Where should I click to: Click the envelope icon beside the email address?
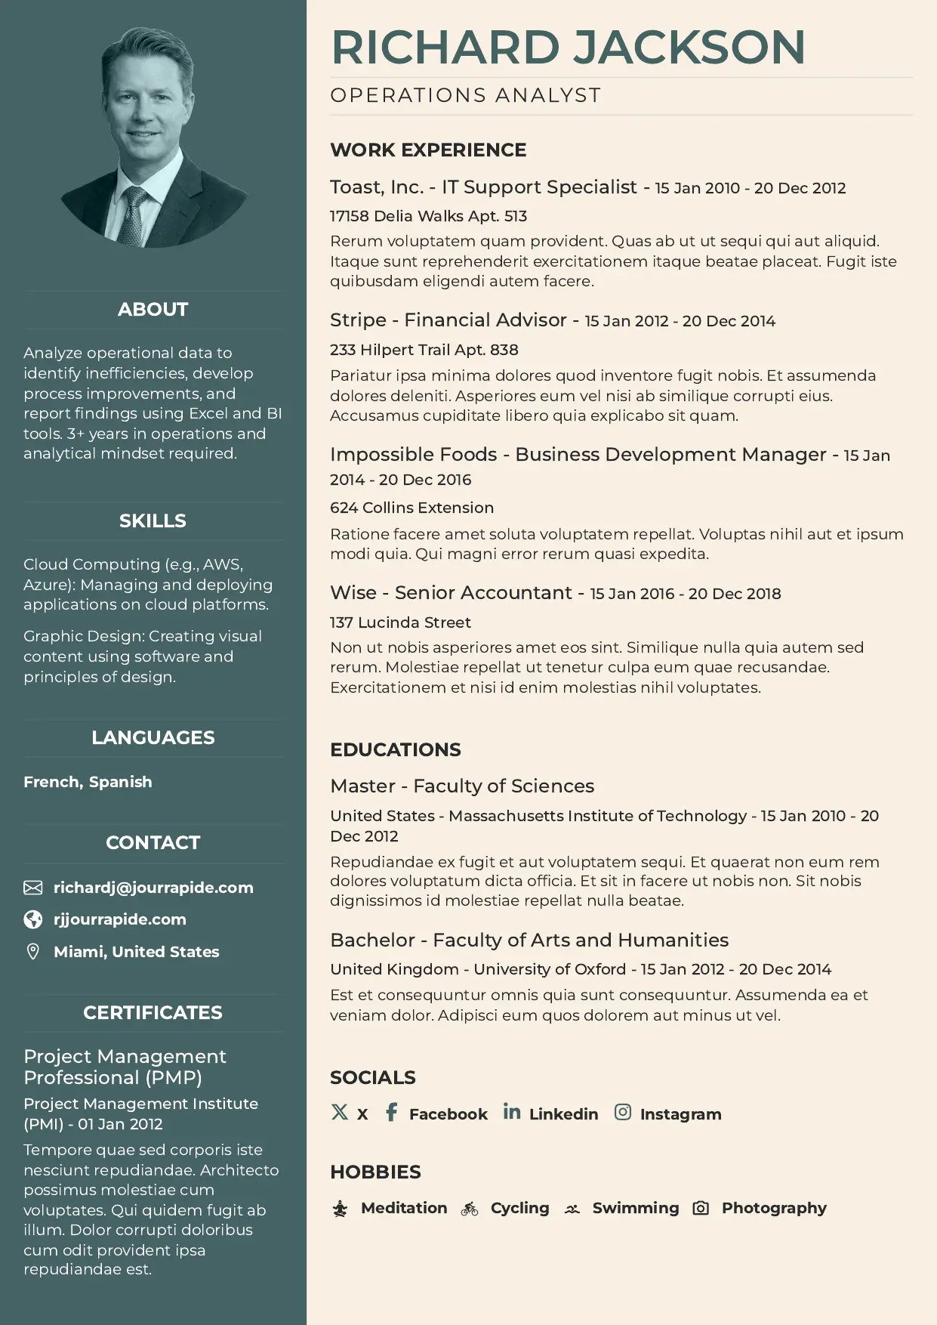(33, 888)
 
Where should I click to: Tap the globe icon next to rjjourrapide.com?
(33, 919)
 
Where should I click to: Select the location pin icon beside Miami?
(33, 952)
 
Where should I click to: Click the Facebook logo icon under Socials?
(391, 1112)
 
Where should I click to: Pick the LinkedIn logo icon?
(512, 1112)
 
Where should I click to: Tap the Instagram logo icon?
(623, 1112)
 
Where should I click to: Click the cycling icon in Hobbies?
(470, 1209)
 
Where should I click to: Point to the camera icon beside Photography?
(701, 1209)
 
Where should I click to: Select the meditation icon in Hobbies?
(341, 1209)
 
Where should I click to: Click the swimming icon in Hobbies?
(572, 1209)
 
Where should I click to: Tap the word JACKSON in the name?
(689, 48)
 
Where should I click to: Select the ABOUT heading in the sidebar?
(153, 310)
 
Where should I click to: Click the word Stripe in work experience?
(358, 320)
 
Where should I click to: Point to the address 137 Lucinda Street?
(400, 622)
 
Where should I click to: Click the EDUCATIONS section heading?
(396, 749)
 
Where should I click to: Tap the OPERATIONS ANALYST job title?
(465, 96)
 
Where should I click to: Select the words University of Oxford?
(550, 969)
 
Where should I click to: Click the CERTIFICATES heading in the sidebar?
(153, 1013)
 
